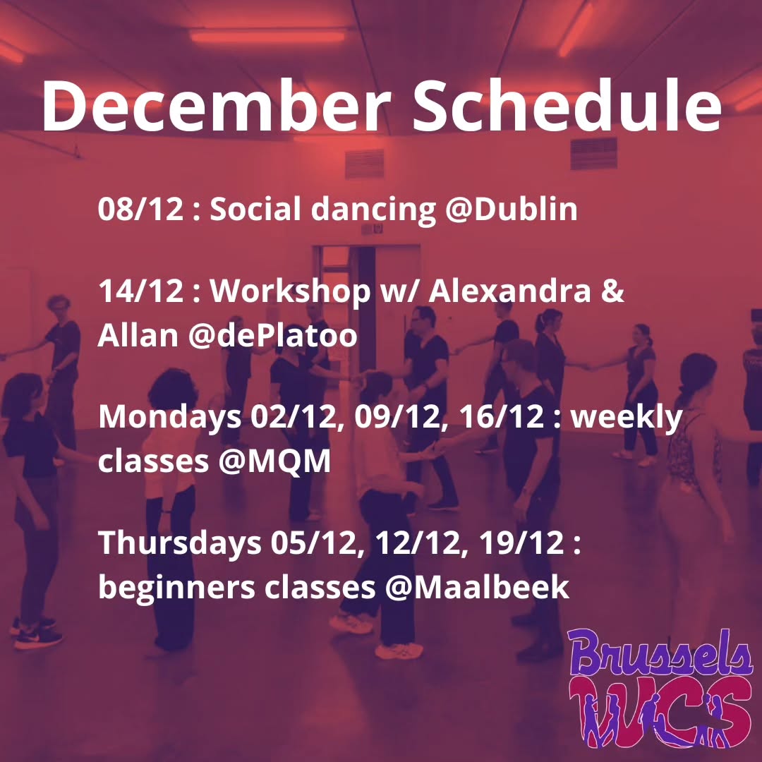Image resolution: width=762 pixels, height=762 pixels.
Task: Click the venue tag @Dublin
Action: (512, 210)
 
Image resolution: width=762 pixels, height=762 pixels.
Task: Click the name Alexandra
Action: (511, 292)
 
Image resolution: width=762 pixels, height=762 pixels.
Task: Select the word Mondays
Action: (169, 418)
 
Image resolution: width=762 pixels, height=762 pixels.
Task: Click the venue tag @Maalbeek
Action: (476, 587)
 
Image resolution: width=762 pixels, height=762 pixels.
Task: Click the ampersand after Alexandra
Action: (613, 292)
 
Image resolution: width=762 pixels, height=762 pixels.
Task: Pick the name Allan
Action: (138, 337)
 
